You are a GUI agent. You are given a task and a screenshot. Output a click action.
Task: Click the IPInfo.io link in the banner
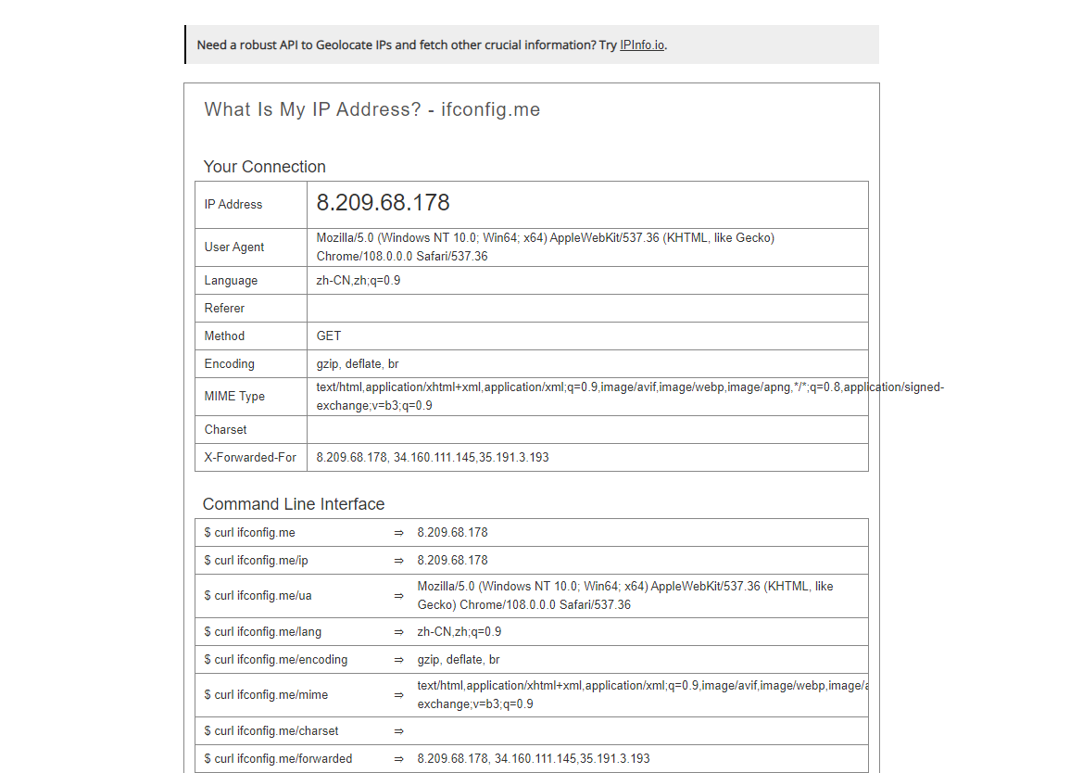[x=642, y=44]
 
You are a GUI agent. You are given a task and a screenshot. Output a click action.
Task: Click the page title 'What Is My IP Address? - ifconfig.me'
[x=371, y=109]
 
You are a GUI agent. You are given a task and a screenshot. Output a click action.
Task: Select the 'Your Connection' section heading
[x=264, y=167]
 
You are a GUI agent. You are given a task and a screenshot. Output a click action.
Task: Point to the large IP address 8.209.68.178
[x=383, y=203]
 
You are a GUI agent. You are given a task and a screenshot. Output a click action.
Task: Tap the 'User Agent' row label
[x=234, y=247]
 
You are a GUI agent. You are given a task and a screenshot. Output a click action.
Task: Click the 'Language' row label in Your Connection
[x=231, y=281]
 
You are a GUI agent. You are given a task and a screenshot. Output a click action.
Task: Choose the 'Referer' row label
[x=224, y=309]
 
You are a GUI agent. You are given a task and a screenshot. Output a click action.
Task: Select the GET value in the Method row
[x=329, y=336]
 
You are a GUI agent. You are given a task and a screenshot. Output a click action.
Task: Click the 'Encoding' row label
[x=229, y=364]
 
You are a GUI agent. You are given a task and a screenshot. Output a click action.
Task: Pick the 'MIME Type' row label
[x=234, y=397]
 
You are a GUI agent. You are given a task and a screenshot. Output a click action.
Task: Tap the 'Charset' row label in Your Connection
[x=225, y=430]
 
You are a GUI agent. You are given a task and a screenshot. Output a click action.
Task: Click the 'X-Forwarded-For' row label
[x=250, y=458]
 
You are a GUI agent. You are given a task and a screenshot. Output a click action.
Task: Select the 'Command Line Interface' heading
[x=293, y=504]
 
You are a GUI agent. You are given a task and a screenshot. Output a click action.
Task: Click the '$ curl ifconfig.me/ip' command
[x=256, y=561]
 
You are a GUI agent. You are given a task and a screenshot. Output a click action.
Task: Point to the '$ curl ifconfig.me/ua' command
[x=258, y=596]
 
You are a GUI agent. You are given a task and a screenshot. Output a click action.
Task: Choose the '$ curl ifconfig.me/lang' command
[x=262, y=632]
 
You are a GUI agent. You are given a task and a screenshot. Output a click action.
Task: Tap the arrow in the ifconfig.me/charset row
[x=398, y=731]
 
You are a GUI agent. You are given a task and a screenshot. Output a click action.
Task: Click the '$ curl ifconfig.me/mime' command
[x=266, y=695]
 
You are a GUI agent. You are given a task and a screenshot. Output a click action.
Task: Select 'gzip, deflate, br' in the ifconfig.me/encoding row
[x=459, y=660]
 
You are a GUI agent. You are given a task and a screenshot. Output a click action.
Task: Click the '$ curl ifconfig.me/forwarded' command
[x=278, y=759]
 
